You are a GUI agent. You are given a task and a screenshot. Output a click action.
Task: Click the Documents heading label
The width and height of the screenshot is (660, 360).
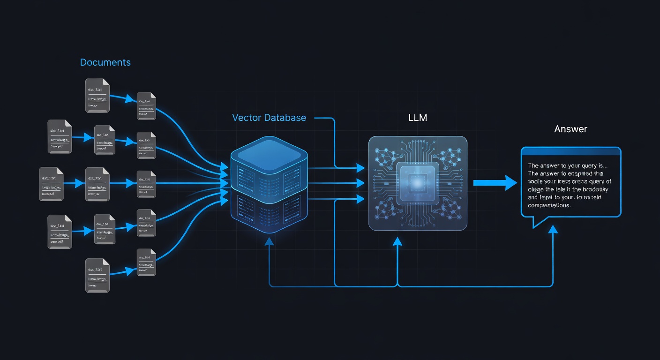(105, 62)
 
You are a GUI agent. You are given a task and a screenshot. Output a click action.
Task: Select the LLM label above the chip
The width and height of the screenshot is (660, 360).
(417, 118)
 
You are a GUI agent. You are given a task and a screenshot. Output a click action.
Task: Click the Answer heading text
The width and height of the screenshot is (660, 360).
(570, 129)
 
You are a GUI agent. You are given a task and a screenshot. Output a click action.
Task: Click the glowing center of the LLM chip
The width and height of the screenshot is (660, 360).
(417, 183)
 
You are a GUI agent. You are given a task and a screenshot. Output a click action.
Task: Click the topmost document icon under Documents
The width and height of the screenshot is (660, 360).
(97, 96)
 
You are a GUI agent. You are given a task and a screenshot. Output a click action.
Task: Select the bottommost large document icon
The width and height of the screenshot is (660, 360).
(97, 275)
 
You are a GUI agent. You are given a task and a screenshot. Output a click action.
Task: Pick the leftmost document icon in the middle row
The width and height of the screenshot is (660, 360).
(51, 184)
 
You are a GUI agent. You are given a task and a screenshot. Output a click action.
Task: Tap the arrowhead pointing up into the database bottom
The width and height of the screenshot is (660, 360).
(269, 241)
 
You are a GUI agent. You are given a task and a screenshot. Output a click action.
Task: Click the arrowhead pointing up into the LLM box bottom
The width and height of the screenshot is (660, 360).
(397, 241)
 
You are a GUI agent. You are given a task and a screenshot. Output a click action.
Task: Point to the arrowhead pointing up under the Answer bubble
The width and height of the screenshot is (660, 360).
(553, 229)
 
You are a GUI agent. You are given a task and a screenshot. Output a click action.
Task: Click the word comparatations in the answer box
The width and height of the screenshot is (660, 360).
(549, 205)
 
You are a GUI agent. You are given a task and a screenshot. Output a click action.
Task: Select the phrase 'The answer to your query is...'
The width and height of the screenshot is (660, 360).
(567, 165)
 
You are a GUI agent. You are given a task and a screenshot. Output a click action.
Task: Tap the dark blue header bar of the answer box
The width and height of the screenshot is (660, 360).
(571, 151)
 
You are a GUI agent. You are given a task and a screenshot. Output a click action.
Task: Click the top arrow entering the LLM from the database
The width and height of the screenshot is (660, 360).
(360, 167)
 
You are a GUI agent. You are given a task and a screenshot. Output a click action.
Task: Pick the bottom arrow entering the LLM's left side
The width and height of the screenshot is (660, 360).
(360, 199)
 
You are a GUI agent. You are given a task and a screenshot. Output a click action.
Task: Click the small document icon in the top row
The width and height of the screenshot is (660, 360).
(146, 106)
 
